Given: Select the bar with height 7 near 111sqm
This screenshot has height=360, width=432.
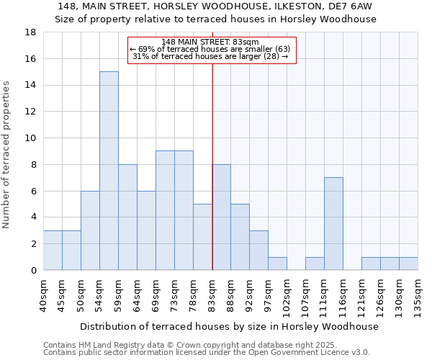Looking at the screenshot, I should pyautogui.click(x=333, y=223).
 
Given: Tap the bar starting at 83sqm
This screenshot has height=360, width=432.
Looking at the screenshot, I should pyautogui.click(x=221, y=217).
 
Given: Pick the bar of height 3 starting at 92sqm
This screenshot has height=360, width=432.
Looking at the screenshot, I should pyautogui.click(x=258, y=250).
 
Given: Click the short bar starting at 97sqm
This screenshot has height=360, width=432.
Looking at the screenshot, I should pyautogui.click(x=277, y=264).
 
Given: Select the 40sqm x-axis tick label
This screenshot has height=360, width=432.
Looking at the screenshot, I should pyautogui.click(x=44, y=296).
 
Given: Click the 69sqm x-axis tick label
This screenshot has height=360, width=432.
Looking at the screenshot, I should pyautogui.click(x=156, y=296).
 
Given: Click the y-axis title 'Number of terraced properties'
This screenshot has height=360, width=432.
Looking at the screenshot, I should pyautogui.click(x=7, y=155).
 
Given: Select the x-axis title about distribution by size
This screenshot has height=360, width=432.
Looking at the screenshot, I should pyautogui.click(x=229, y=326).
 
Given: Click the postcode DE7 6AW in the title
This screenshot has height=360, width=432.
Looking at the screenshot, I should pyautogui.click(x=356, y=6).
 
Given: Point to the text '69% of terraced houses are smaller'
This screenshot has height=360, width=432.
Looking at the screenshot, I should pyautogui.click(x=210, y=49).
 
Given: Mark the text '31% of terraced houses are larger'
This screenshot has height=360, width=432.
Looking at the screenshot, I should pyautogui.click(x=210, y=56).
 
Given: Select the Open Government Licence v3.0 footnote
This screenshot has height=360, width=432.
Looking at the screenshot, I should pyautogui.click(x=207, y=352).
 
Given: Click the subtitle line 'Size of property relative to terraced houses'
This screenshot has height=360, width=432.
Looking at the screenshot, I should pyautogui.click(x=215, y=19).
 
